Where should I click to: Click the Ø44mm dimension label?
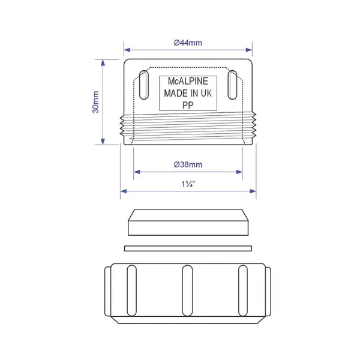pos(188,43)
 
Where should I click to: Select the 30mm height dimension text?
pos(96,101)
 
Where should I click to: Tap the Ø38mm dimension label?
pos(188,164)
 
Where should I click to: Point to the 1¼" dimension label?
pos(188,184)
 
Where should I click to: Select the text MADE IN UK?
pos(188,94)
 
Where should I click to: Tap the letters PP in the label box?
pos(188,104)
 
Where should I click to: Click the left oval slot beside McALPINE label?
pos(143,85)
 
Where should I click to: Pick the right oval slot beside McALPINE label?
pos(233,85)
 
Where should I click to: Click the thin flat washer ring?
pos(188,248)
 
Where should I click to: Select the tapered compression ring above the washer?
pos(188,224)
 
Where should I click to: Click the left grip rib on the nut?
pos(131,290)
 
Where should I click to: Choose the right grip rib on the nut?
pos(242,290)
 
